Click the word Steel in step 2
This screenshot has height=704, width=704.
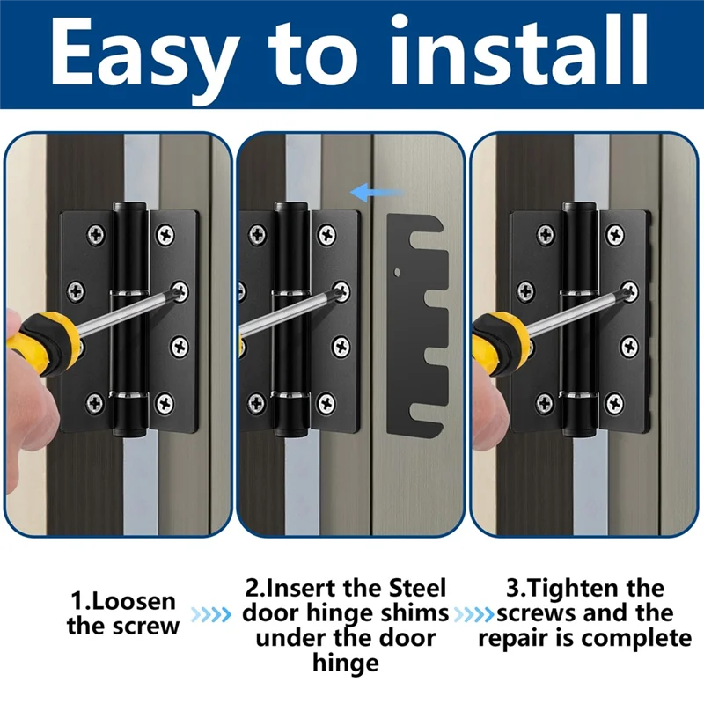[413, 588]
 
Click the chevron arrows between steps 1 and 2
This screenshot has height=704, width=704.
[211, 614]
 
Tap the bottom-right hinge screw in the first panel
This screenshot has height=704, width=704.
[165, 403]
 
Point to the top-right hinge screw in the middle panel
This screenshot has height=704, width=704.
[327, 235]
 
